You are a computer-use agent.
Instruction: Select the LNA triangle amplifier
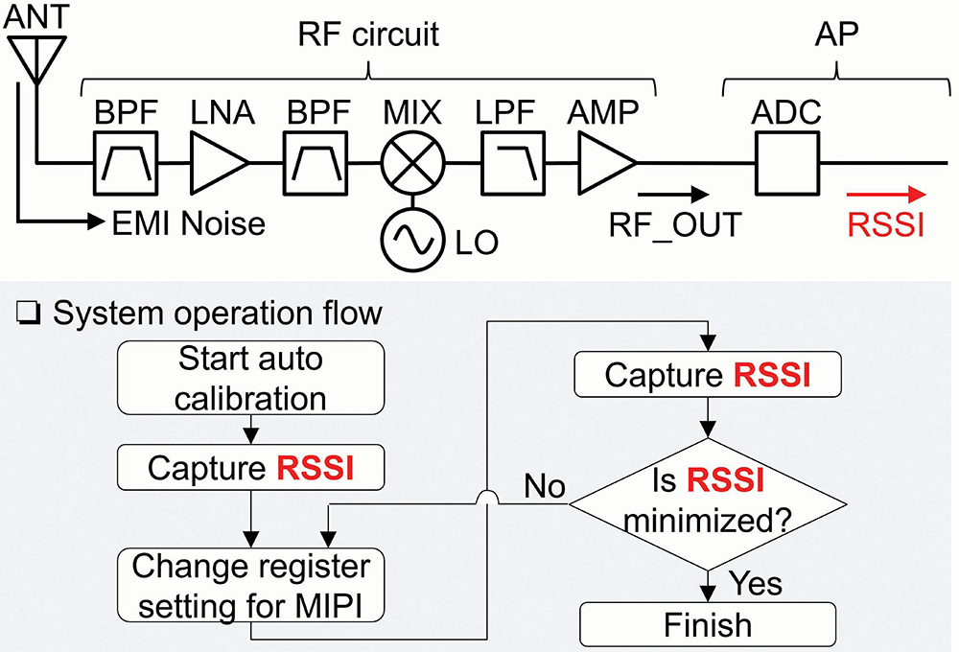220,163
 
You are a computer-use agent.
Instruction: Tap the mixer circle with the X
412,163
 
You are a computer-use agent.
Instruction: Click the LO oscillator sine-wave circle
412,240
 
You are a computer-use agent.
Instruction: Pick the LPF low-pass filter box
512,164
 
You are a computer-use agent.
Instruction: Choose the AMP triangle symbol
608,163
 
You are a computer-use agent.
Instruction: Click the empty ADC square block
787,164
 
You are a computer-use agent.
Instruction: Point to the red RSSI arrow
886,195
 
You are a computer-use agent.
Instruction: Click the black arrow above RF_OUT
673,195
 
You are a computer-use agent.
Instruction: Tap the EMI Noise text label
188,223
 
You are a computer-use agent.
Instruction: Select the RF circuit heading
368,35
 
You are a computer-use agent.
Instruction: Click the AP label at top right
836,34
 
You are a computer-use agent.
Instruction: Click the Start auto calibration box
250,378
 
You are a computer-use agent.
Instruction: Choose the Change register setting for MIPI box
250,585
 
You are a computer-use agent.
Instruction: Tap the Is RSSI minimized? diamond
708,504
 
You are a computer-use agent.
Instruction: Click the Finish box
708,624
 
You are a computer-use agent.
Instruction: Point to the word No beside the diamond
545,487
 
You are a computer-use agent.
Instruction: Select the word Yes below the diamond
756,584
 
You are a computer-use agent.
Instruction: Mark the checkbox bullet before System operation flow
29,314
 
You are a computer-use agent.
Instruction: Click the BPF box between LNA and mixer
316,164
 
